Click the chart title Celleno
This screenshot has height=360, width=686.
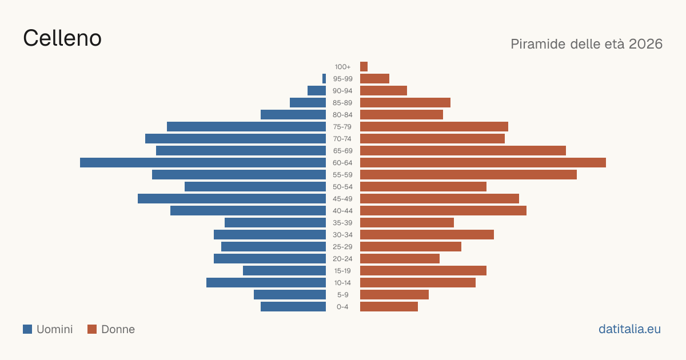pos(62,38)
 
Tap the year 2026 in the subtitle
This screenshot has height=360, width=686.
pos(645,44)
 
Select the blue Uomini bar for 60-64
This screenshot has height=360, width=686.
pos(203,162)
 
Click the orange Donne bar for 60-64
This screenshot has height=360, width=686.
pos(483,162)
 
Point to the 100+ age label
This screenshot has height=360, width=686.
pos(342,67)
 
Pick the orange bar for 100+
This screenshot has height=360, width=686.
pos(364,66)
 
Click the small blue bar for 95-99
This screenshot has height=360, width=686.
pos(324,79)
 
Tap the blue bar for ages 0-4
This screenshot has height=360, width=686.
pos(293,306)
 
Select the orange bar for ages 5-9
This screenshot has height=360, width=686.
pos(394,294)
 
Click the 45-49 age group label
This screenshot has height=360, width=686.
pos(342,199)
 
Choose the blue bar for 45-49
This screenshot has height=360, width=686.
pos(232,199)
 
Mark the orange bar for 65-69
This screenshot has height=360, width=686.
pos(463,151)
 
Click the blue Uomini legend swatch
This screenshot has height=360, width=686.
pos(27,329)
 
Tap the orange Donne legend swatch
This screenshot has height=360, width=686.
pos(92,329)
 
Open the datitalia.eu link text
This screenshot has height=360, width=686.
pos(629,329)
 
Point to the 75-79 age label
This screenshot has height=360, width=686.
pos(342,127)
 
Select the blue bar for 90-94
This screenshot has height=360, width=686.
pos(317,91)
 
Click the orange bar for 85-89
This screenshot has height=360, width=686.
pos(405,102)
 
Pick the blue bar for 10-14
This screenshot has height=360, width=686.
pos(266,282)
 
